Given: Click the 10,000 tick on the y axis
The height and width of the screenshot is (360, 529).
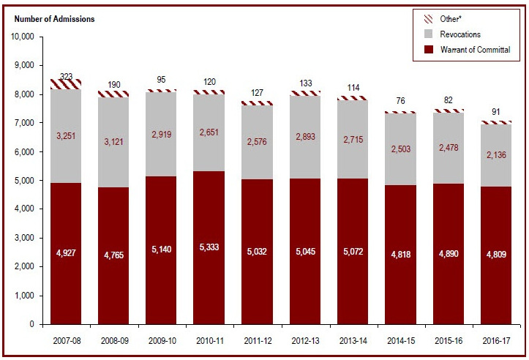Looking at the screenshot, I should click(25, 37).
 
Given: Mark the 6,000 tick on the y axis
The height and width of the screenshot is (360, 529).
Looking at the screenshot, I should click(27, 151).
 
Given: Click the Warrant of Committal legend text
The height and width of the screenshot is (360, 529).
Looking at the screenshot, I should click(475, 50).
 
